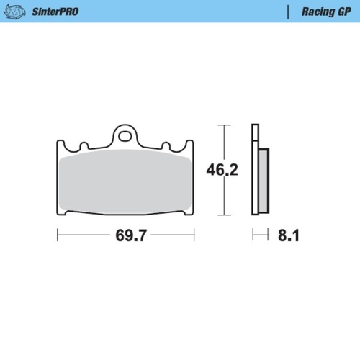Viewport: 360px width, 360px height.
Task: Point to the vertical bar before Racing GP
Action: point(288,12)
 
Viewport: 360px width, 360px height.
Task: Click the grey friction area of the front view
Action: point(125,184)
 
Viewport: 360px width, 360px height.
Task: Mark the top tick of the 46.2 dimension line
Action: point(224,125)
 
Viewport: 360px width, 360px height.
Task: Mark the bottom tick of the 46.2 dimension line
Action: point(224,215)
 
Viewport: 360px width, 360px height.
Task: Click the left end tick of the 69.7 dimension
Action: point(57,235)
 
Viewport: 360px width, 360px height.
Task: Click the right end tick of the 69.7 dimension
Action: point(194,235)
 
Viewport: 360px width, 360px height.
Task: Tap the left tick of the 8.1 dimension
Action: point(252,235)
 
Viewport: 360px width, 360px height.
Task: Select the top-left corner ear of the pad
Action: point(61,144)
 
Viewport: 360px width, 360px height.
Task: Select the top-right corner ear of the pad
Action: point(190,144)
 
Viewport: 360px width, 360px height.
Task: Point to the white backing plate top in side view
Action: point(254,133)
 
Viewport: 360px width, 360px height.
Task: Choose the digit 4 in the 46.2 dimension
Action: point(213,170)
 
